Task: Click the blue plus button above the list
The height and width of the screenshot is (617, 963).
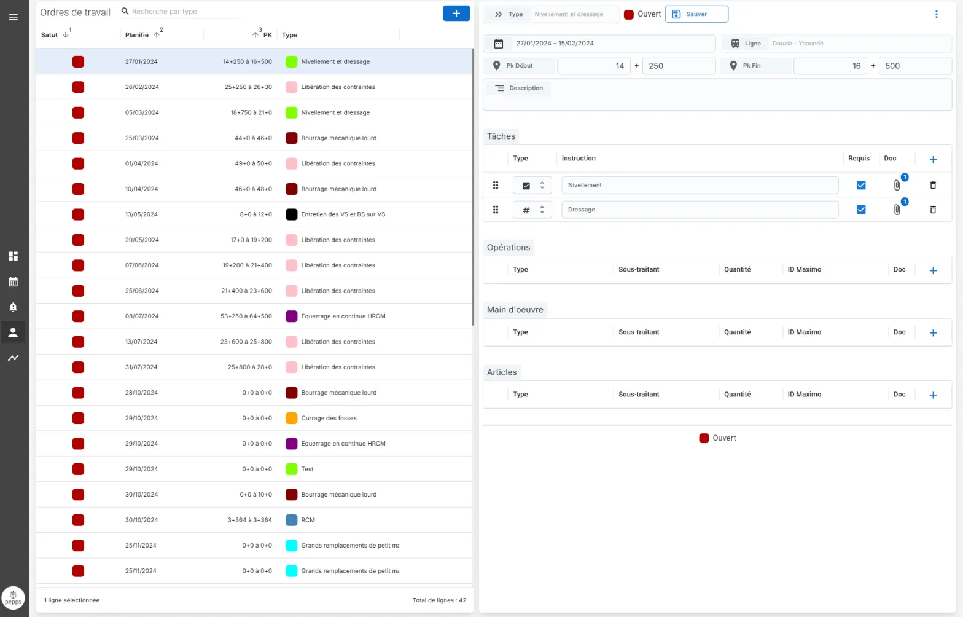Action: click(456, 14)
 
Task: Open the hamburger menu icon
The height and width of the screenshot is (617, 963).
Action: click(14, 17)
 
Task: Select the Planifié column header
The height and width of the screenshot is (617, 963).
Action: click(137, 35)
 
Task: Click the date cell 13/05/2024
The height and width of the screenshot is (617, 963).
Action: click(141, 214)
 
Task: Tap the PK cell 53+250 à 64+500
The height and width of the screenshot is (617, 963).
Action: click(246, 316)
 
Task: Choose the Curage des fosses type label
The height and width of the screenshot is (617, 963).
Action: click(329, 419)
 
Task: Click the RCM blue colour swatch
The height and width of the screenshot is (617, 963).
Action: click(292, 520)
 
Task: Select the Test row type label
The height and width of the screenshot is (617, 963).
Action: click(307, 469)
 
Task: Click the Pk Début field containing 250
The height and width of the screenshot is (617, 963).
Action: click(679, 66)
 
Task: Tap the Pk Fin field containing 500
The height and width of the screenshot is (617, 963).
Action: click(915, 66)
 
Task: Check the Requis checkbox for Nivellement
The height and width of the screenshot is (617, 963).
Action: click(861, 185)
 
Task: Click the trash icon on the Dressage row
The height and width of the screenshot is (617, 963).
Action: click(933, 210)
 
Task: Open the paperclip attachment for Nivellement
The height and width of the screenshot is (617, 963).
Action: click(897, 185)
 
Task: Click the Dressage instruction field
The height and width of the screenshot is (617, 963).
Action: click(700, 210)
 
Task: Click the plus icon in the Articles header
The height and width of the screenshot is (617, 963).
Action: click(933, 395)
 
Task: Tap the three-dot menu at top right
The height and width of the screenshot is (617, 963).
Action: click(937, 14)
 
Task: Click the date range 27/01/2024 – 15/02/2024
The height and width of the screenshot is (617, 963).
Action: click(555, 44)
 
